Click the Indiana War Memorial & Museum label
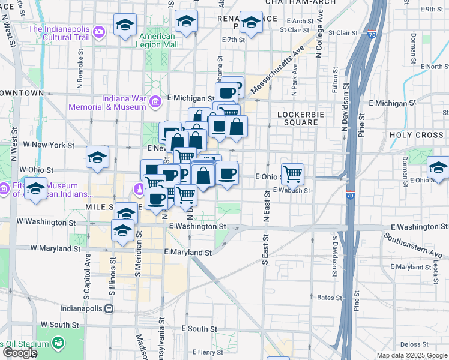[107, 102]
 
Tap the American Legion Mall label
[158, 40]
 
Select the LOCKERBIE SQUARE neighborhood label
[298, 117]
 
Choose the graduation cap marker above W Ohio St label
[97, 158]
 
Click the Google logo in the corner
[20, 353]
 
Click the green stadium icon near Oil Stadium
[58, 343]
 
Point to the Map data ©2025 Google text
[412, 355]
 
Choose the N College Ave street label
[319, 36]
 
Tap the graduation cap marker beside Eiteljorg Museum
[36, 188]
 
